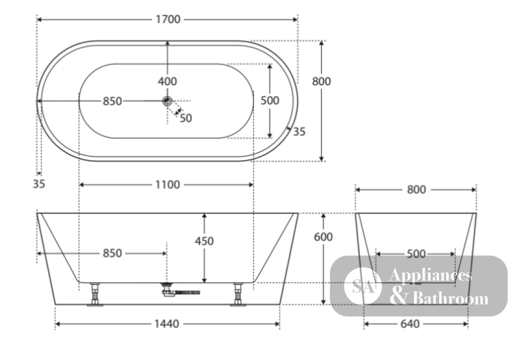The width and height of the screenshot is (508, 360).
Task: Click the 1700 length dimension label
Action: coord(168,19)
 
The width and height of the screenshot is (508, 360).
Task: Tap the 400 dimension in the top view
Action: coord(167,81)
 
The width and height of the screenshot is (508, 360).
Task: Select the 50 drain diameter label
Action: coord(185,118)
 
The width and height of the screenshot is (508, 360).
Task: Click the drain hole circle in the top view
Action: coord(167,101)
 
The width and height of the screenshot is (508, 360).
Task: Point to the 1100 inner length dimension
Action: coord(168,184)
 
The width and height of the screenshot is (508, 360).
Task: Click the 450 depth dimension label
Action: coord(204,241)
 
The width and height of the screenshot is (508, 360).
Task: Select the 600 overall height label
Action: coord(323,237)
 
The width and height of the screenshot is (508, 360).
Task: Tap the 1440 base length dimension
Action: coord(167,324)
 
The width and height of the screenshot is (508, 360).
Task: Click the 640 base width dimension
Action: coord(410,324)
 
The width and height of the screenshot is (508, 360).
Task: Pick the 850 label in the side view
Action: coord(112,253)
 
